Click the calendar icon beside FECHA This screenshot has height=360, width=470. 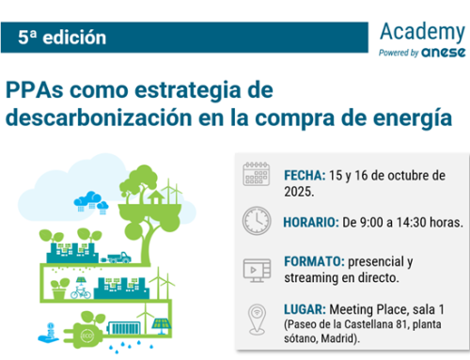coord(257,176)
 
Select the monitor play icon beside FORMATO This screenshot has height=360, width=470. coord(257,269)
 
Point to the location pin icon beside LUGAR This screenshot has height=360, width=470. coord(257,316)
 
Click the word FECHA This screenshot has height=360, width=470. coord(304,176)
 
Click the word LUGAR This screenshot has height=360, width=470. coord(305,307)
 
